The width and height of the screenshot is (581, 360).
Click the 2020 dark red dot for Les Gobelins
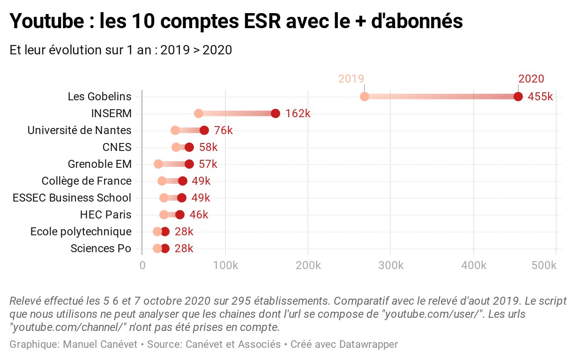pyautogui.click(x=518, y=97)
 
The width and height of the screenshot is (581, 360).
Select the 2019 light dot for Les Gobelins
pyautogui.click(x=365, y=97)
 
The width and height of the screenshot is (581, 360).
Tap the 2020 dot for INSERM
pyautogui.click(x=276, y=113)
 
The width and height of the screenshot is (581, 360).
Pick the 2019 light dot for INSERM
pyautogui.click(x=199, y=113)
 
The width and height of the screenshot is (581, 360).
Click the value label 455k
pyautogui.click(x=540, y=97)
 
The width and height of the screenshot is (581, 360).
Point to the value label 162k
pyautogui.click(x=298, y=114)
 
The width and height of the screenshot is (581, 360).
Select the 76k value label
pyautogui.click(x=223, y=131)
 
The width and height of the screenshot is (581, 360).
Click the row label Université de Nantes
pyautogui.click(x=79, y=130)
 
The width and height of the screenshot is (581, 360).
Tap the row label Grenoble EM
pyautogui.click(x=99, y=164)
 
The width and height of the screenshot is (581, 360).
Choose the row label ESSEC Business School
pyautogui.click(x=72, y=198)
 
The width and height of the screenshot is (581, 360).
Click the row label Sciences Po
pyautogui.click(x=101, y=248)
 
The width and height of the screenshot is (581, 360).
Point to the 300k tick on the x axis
pyautogui.click(x=391, y=266)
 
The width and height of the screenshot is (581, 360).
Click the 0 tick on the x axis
pyautogui.click(x=142, y=266)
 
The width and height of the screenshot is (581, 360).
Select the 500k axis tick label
pyautogui.click(x=544, y=266)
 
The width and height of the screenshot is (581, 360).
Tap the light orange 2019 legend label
pyautogui.click(x=351, y=79)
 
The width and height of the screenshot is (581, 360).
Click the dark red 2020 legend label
pyautogui.click(x=531, y=79)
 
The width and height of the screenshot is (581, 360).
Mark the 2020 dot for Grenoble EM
pyautogui.click(x=189, y=164)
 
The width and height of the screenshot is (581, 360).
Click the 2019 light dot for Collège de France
pyautogui.click(x=162, y=181)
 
